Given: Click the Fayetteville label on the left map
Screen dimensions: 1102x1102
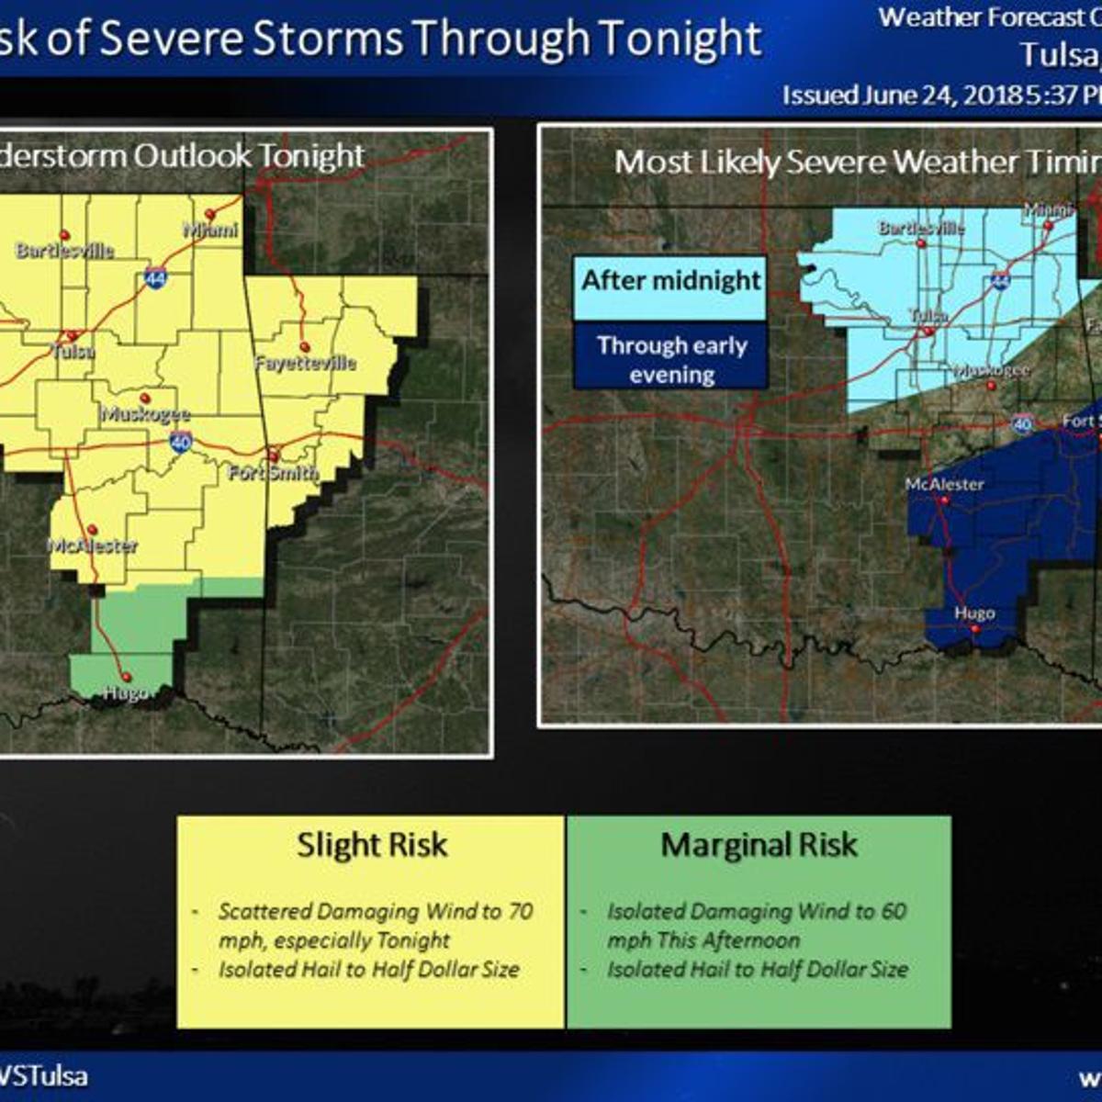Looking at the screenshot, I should click(305, 363).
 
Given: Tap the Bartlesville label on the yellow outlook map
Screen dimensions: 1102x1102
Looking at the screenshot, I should click(64, 250).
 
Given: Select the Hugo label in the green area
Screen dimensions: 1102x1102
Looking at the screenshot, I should click(125, 692).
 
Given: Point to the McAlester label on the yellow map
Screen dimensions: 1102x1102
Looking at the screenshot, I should click(93, 545).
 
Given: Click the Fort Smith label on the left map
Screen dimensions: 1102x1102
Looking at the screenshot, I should click(274, 473).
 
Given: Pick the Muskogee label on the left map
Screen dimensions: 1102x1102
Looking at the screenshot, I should click(146, 414).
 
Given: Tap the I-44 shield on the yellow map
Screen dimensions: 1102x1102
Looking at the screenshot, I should click(156, 278).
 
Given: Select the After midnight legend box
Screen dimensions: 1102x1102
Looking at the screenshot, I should click(671, 281).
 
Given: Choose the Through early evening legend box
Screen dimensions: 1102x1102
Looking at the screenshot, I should click(671, 359).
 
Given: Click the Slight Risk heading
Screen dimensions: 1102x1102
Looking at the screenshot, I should click(372, 845).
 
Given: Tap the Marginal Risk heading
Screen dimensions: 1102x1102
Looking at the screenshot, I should click(759, 845).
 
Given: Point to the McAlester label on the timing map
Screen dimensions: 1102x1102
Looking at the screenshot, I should click(944, 484).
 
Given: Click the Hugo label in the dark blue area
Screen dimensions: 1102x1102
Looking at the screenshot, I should click(974, 613).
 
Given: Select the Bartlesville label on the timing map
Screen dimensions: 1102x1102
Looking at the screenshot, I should click(921, 228).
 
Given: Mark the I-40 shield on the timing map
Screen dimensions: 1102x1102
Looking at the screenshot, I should click(1023, 423).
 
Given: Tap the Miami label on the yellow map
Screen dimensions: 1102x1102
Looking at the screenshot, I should click(210, 230).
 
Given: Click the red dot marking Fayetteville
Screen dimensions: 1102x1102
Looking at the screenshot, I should click(304, 347).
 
